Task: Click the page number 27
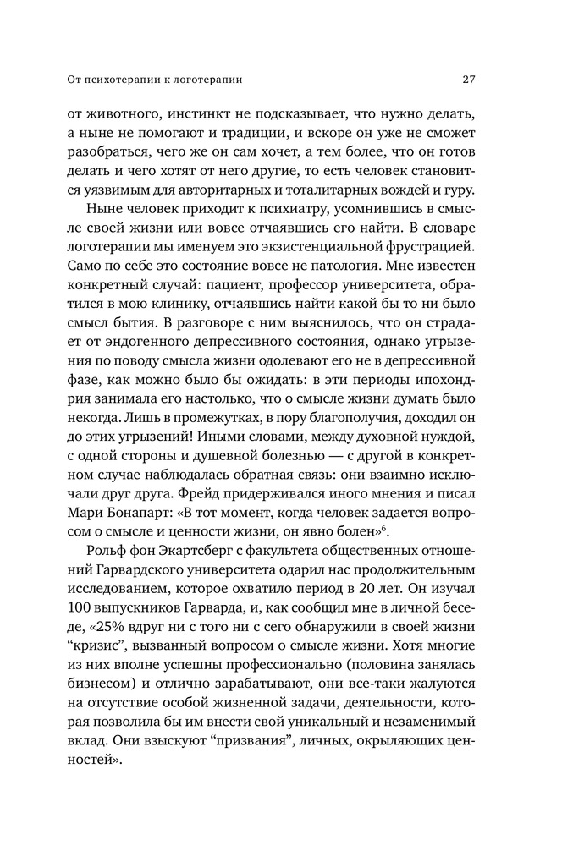(x=468, y=80)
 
